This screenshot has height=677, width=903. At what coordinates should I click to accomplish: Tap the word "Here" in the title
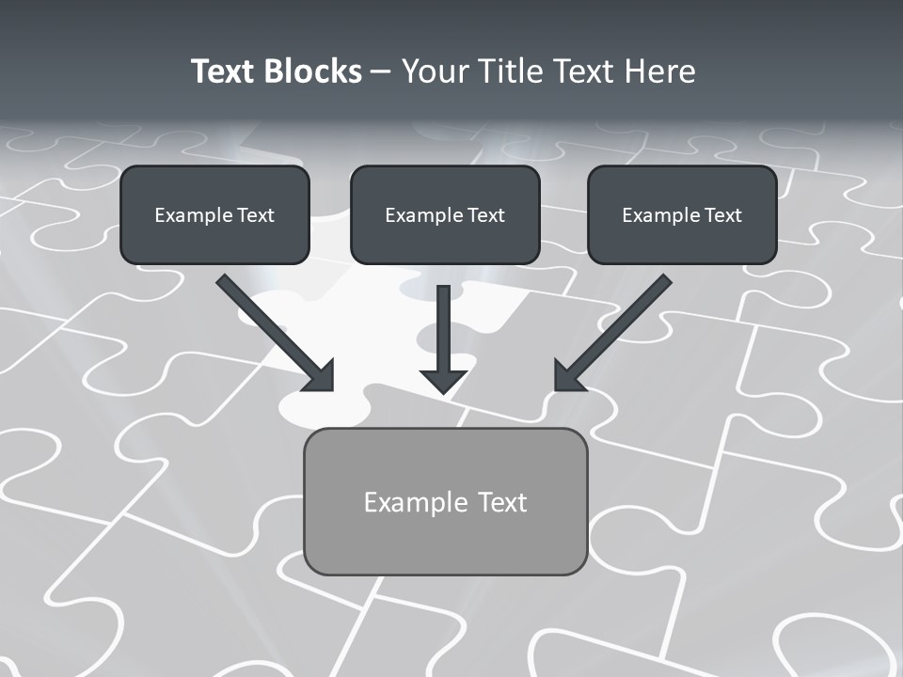pyautogui.click(x=662, y=71)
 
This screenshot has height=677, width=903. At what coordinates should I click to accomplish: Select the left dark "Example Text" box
pyautogui.click(x=214, y=214)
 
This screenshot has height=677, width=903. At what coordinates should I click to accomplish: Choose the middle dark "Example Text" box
pyautogui.click(x=445, y=214)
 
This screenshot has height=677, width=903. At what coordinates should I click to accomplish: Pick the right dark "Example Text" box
pyautogui.click(x=682, y=214)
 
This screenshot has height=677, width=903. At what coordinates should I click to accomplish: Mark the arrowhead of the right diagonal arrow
pyautogui.click(x=568, y=376)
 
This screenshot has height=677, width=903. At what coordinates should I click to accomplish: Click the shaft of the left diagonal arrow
pyautogui.click(x=263, y=320)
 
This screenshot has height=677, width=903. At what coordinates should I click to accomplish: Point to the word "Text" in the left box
pyautogui.click(x=256, y=215)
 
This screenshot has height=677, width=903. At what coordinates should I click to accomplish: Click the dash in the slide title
pyautogui.click(x=381, y=71)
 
